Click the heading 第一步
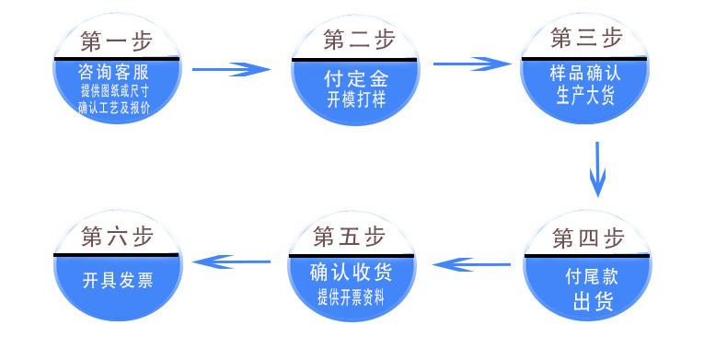click(115, 41)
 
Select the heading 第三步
click(586, 39)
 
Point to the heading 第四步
click(588, 239)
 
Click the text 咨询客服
click(115, 73)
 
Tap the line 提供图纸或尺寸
click(115, 90)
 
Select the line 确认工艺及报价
click(115, 108)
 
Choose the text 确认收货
click(351, 273)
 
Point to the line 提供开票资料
click(351, 296)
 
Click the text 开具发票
click(117, 280)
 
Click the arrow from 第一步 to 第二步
click(232, 69)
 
